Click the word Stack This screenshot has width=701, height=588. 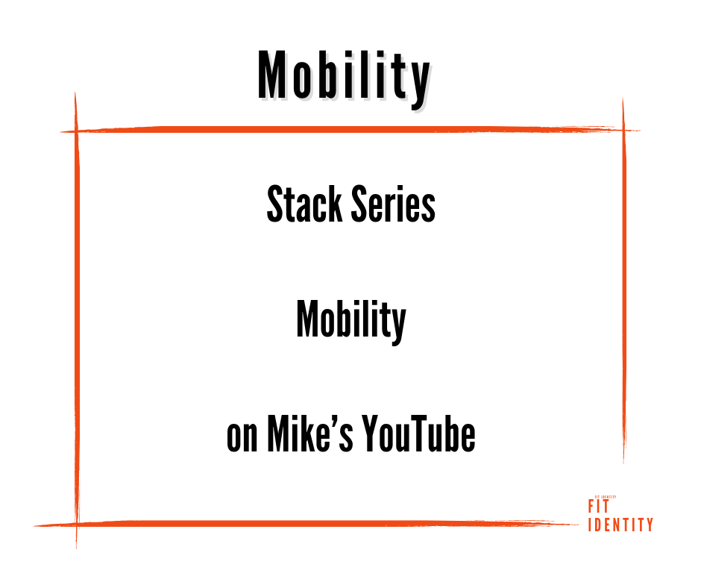(304, 204)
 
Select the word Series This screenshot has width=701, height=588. (393, 204)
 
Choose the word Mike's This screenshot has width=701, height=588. (310, 434)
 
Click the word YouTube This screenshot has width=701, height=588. (419, 434)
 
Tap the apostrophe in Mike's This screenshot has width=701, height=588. (334, 421)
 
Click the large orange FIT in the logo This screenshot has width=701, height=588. (599, 507)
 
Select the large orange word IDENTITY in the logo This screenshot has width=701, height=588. (620, 525)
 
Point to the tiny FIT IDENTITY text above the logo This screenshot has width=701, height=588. (606, 497)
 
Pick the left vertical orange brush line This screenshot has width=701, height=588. (77, 320)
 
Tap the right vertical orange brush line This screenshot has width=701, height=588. (623, 281)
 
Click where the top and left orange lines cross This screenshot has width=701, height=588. (76, 131)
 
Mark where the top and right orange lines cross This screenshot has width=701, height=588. (623, 130)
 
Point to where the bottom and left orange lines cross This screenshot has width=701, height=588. (77, 524)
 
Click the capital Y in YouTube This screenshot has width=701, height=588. (371, 434)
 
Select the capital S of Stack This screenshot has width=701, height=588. (275, 204)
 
